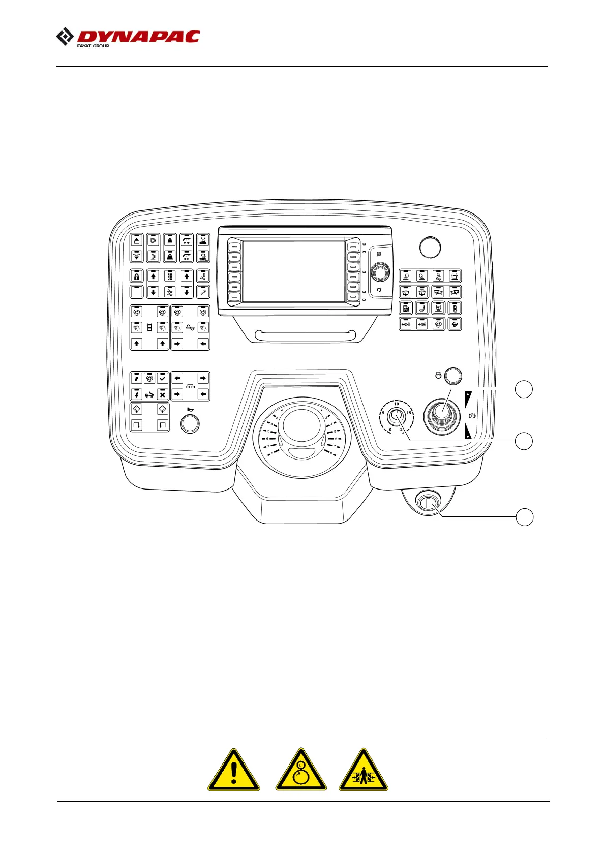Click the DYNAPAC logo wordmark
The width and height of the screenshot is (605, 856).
pyautogui.click(x=137, y=37)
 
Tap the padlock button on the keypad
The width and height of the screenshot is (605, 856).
pyautogui.click(x=136, y=276)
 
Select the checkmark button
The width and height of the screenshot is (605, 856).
pyautogui.click(x=162, y=378)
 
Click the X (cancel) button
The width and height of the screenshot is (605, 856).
pyautogui.click(x=162, y=394)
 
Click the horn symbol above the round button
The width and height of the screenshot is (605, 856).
pyautogui.click(x=190, y=410)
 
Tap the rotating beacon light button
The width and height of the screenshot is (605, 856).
pyautogui.click(x=455, y=276)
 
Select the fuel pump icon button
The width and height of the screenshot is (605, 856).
pyautogui.click(x=405, y=308)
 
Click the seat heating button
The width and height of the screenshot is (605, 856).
pyautogui.click(x=421, y=308)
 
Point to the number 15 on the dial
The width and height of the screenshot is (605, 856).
pyautogui.click(x=409, y=412)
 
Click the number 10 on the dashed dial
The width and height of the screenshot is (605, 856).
pyautogui.click(x=397, y=404)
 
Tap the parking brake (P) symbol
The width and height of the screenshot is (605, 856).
pyautogui.click(x=472, y=416)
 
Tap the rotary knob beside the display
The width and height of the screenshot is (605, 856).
pyautogui.click(x=379, y=273)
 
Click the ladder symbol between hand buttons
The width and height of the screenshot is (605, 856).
pyautogui.click(x=149, y=328)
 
